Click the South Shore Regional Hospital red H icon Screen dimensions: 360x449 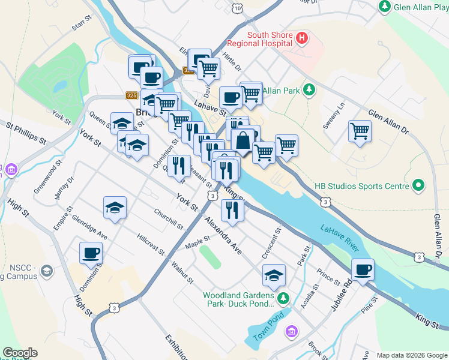coord(302,39)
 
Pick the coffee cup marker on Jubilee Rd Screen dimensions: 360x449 coord(363,269)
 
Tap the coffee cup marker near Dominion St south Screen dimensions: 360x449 coord(91,253)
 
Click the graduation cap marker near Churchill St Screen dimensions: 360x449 coord(115,208)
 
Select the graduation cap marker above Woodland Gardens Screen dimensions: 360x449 coord(274,275)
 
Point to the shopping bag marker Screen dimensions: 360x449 coord(243,141)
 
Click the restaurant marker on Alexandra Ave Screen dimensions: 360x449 coord(232,210)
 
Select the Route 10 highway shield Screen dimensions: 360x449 coord(238,8)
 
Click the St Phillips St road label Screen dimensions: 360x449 coord(26,133)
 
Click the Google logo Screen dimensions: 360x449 coord(20,353)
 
